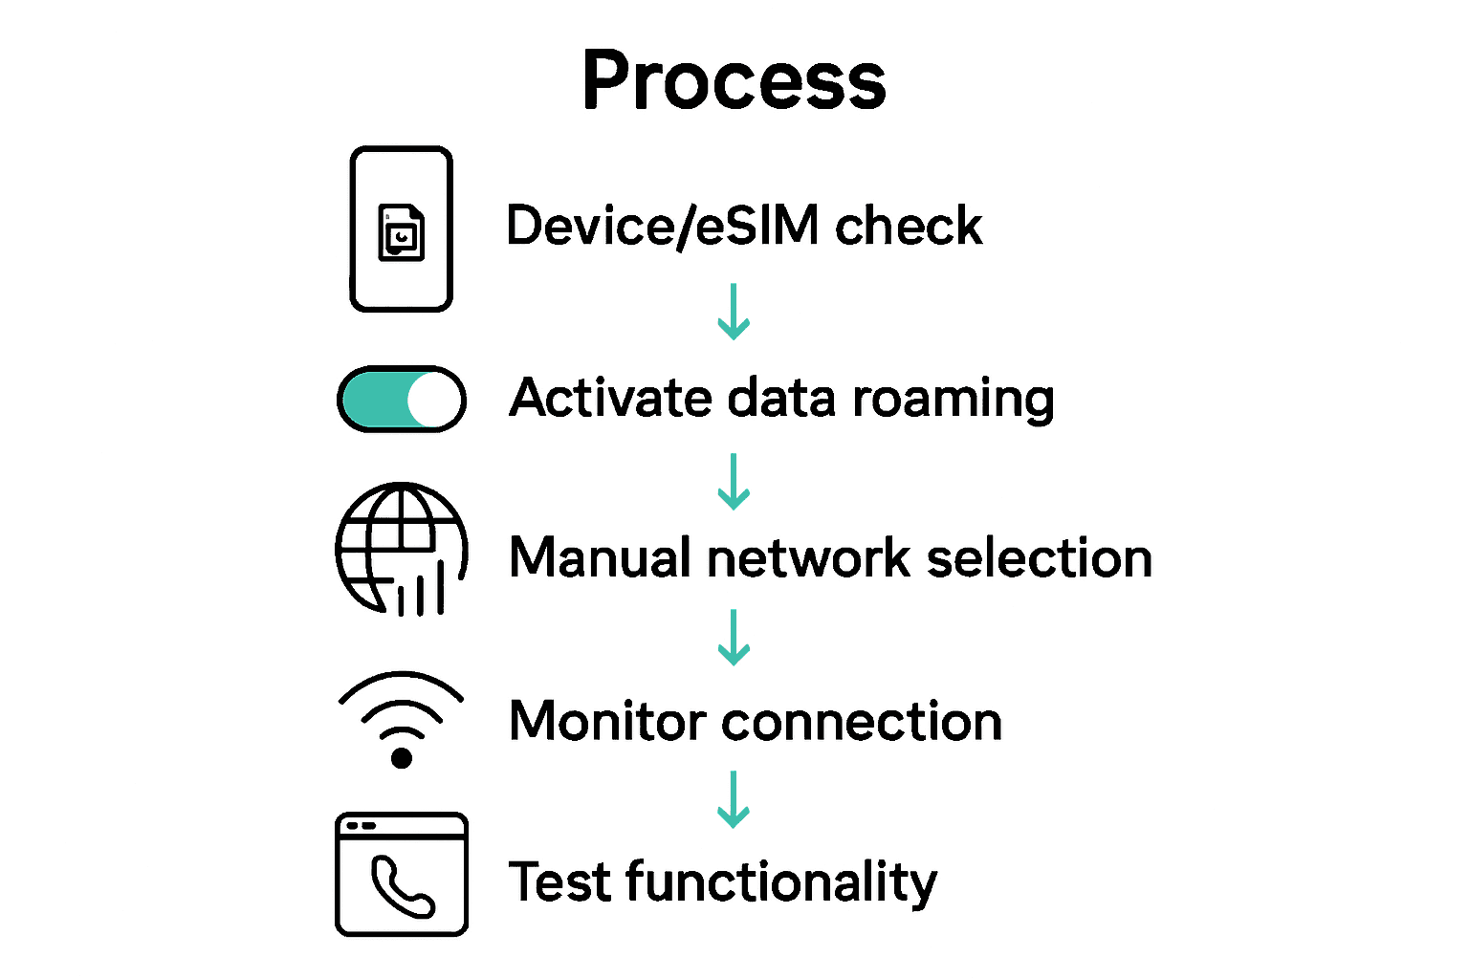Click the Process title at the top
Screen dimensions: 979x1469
click(x=734, y=81)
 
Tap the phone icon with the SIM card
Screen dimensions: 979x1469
click(x=401, y=229)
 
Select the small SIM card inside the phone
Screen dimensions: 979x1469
click(x=402, y=232)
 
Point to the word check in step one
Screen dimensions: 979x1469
click(x=908, y=227)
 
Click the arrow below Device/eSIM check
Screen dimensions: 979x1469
click(x=734, y=312)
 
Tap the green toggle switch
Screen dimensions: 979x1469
click(x=401, y=399)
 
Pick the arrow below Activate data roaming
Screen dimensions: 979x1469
click(x=734, y=482)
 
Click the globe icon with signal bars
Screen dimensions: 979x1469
click(x=401, y=549)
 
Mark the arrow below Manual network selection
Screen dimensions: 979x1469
click(x=734, y=638)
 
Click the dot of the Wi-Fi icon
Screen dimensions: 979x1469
click(x=402, y=758)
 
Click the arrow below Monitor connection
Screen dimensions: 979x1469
click(x=734, y=799)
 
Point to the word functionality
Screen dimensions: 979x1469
click(x=780, y=882)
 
